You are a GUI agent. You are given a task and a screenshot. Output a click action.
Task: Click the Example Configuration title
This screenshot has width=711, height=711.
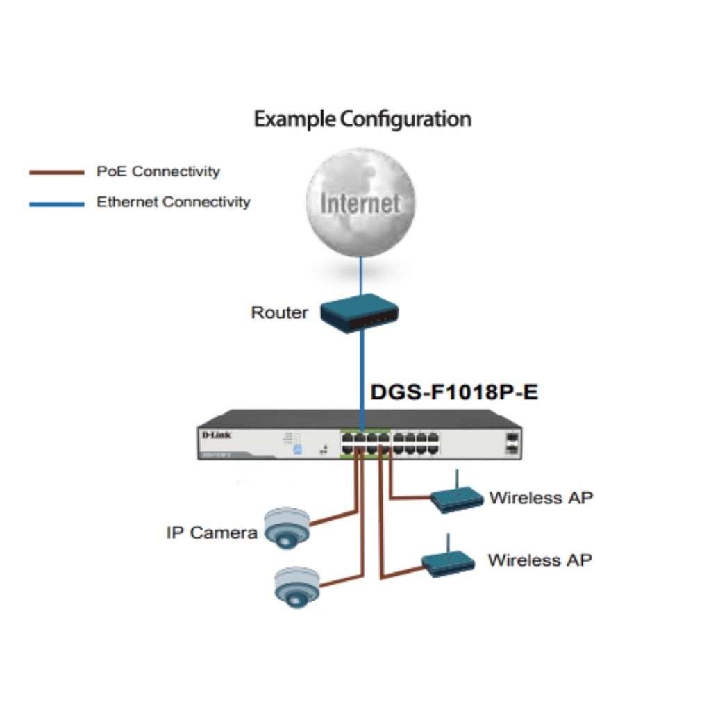click(x=362, y=119)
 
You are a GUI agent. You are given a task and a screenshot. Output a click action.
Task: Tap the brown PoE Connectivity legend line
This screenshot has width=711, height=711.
click(x=56, y=172)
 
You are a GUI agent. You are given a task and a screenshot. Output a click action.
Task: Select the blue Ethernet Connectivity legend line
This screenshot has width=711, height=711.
click(x=56, y=204)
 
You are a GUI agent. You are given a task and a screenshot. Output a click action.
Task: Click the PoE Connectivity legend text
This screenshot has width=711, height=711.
click(x=158, y=172)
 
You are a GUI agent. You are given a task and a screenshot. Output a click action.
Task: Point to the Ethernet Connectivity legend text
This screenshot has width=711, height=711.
click(x=173, y=203)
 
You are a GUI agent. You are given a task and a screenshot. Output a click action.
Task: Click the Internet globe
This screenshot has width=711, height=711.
click(x=360, y=202)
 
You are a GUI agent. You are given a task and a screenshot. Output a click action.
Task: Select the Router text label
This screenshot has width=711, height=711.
click(x=279, y=312)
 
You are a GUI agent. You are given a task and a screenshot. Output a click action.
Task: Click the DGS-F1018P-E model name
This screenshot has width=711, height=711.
click(x=454, y=392)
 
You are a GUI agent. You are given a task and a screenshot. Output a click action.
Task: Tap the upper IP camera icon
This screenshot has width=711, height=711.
click(x=286, y=527)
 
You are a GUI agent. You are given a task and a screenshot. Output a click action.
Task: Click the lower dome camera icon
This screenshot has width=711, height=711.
click(x=296, y=587)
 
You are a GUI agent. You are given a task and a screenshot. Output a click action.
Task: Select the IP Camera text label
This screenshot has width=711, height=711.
click(x=211, y=533)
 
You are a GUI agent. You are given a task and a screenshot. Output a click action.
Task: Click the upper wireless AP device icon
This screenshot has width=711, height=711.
click(x=456, y=497)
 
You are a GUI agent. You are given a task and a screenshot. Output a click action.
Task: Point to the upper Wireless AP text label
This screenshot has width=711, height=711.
click(x=541, y=498)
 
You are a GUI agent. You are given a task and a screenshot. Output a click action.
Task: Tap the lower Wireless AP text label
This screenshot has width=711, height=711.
click(x=539, y=560)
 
